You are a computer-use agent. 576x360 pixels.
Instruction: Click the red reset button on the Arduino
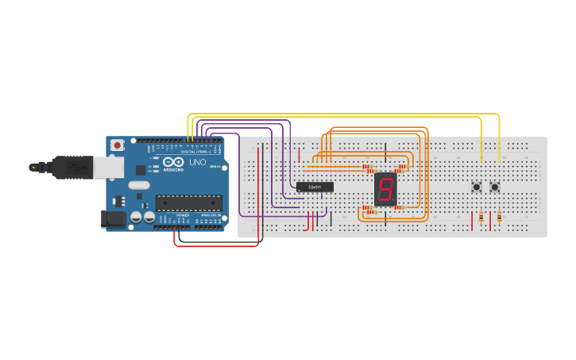(x=117, y=145)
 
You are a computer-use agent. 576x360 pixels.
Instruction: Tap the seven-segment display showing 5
(x=385, y=189)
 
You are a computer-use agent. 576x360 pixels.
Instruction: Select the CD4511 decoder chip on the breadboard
(x=315, y=187)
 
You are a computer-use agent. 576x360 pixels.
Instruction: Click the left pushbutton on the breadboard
(x=477, y=187)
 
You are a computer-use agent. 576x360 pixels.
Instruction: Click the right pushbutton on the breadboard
(x=494, y=187)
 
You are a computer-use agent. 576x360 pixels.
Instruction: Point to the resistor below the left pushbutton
(x=481, y=216)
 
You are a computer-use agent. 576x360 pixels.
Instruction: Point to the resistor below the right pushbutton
(x=499, y=216)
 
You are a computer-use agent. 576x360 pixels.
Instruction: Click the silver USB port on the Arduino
(x=108, y=167)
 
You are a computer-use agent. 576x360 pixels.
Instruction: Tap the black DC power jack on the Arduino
(x=111, y=219)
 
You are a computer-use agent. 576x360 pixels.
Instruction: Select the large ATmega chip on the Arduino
(x=188, y=202)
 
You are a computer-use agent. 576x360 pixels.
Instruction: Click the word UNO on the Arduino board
(x=196, y=162)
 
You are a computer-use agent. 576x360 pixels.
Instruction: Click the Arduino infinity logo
(x=175, y=161)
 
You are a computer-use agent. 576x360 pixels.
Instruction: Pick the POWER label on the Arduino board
(x=183, y=215)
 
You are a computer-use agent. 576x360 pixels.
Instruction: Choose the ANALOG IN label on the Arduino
(x=210, y=215)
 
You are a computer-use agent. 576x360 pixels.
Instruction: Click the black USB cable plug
(x=68, y=167)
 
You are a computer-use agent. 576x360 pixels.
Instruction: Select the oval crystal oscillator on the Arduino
(x=138, y=185)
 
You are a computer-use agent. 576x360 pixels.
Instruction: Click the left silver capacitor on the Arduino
(x=136, y=216)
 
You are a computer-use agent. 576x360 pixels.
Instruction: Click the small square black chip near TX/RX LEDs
(x=141, y=169)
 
